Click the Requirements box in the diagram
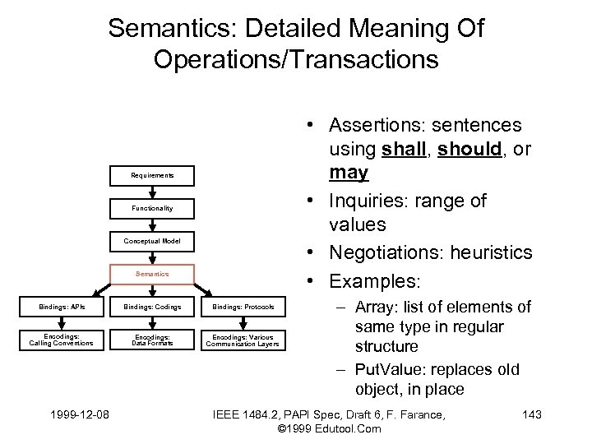[152, 175]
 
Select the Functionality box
[152, 208]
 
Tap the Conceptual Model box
[152, 241]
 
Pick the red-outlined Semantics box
[152, 274]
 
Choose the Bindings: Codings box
[152, 308]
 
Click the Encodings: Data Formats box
[152, 340]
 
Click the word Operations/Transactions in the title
[296, 60]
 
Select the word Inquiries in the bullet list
[366, 201]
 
